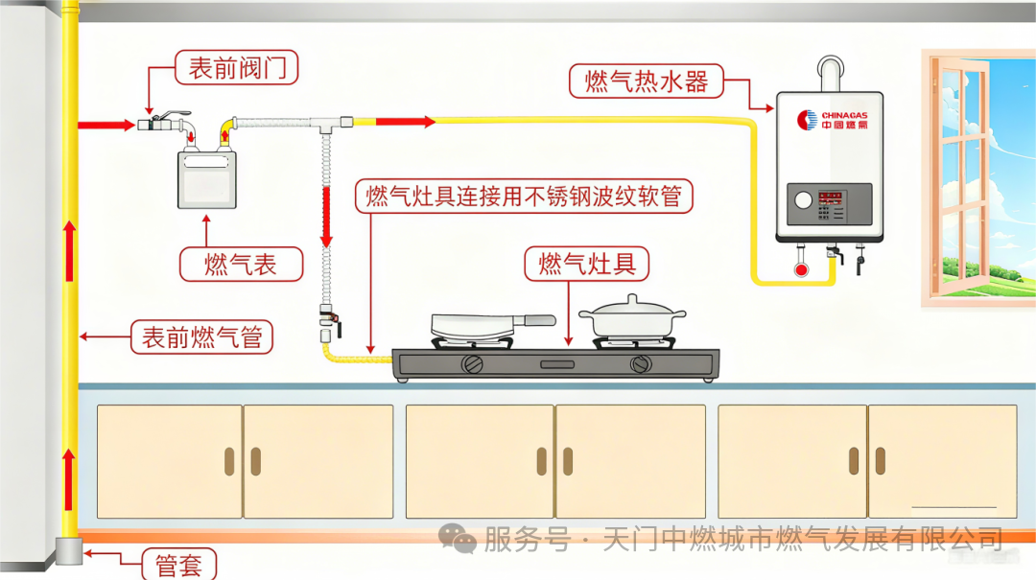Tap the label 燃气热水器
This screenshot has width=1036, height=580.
point(646,81)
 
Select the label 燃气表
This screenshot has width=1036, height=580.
point(241,264)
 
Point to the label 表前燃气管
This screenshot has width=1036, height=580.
point(201,336)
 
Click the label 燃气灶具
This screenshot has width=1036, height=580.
point(586,264)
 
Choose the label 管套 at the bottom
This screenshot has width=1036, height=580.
point(178,566)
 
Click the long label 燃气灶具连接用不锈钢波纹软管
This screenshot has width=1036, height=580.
point(524,197)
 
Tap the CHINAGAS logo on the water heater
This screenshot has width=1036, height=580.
point(832,120)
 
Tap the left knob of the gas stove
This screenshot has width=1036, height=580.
point(472,364)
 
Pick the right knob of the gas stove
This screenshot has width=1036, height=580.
point(640,364)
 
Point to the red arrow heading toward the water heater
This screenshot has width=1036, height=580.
point(405,121)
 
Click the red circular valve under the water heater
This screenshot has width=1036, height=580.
point(801,268)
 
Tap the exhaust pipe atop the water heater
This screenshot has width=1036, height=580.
point(830,75)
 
